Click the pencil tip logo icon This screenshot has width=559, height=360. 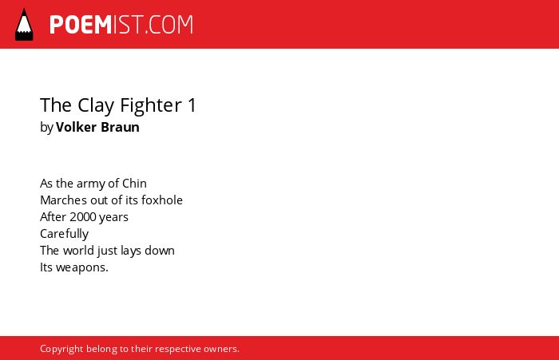tap(24, 25)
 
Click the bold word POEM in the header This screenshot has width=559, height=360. tap(81, 25)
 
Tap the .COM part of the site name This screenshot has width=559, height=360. tap(169, 25)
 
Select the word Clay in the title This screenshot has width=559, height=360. tap(96, 105)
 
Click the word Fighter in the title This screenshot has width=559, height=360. tap(151, 105)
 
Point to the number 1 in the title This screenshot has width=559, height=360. tap(192, 105)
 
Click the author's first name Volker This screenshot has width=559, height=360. tap(77, 127)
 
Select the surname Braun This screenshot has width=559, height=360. tap(120, 127)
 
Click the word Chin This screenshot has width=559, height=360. tap(134, 184)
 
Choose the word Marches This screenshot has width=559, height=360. tap(63, 200)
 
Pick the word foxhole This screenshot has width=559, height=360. tap(162, 200)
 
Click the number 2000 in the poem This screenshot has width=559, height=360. tap(83, 217)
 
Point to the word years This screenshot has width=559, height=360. tap(113, 218)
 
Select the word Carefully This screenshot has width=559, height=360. tap(65, 234)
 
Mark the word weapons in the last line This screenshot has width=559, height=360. tap(82, 268)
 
